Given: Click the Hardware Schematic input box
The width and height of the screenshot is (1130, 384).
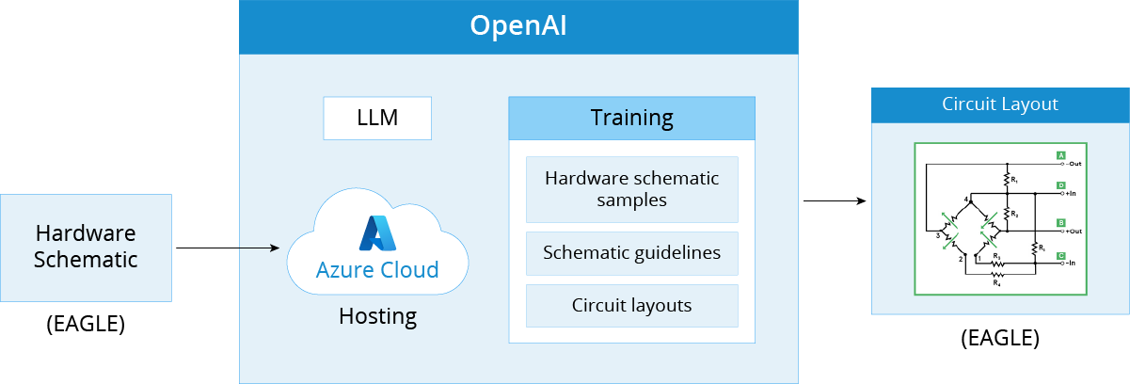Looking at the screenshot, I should click(86, 248).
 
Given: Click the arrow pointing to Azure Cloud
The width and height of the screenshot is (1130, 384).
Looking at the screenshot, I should click(260, 248).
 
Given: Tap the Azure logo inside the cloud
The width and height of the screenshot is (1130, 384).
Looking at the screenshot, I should click(377, 232).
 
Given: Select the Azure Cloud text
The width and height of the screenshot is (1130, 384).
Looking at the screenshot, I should click(377, 270).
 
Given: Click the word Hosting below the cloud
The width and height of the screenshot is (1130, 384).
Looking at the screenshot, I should click(377, 316).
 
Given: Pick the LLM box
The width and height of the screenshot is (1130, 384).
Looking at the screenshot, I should click(376, 119).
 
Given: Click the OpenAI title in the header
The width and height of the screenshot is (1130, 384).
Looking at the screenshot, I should click(517, 26).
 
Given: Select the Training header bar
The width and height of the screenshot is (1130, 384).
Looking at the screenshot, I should click(631, 119).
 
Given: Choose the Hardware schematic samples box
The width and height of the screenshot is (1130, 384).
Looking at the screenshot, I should click(631, 188).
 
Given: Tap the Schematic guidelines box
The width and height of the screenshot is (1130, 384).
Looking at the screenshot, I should click(631, 252).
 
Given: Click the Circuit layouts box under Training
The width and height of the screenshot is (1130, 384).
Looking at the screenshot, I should click(631, 305).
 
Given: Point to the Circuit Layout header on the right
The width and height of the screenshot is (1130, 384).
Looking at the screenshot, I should click(1000, 104).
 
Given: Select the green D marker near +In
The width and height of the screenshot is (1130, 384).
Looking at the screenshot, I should click(1060, 185).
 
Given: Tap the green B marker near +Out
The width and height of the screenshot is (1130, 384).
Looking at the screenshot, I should click(1060, 223).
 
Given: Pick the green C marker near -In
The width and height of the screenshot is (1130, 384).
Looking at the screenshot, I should click(1060, 255).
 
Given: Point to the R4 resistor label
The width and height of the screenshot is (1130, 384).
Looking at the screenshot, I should click(996, 281).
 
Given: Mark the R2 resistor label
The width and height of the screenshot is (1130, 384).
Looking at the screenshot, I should click(1013, 215).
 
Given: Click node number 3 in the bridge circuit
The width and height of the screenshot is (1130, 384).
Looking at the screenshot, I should click(937, 235).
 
